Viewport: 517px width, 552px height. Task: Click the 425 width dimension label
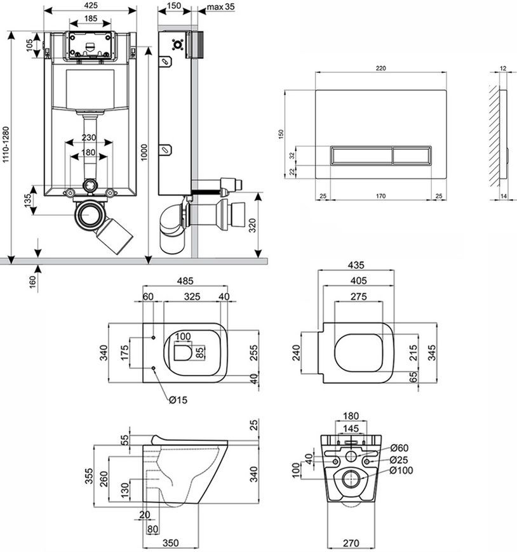[91, 5]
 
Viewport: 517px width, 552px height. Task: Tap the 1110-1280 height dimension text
[6, 145]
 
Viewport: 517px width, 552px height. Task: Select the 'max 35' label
[220, 7]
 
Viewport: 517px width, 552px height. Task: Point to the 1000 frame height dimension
[144, 152]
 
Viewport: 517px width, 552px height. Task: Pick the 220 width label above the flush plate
[380, 69]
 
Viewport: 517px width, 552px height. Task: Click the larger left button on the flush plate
[361, 155]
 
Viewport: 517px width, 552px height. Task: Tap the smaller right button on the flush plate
[412, 155]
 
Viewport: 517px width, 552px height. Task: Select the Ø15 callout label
[178, 400]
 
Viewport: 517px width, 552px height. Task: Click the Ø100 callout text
[401, 470]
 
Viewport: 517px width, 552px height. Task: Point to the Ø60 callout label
[399, 448]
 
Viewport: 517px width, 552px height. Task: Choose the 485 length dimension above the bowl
[185, 281]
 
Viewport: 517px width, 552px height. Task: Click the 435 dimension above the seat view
[356, 265]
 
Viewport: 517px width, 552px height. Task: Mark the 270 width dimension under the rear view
[351, 543]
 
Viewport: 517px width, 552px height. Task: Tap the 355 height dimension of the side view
[89, 476]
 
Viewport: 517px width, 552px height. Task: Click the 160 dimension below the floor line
[32, 282]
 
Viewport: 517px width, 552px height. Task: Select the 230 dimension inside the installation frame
[89, 137]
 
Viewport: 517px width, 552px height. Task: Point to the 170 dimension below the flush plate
[380, 196]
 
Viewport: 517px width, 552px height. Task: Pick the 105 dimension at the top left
[30, 44]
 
